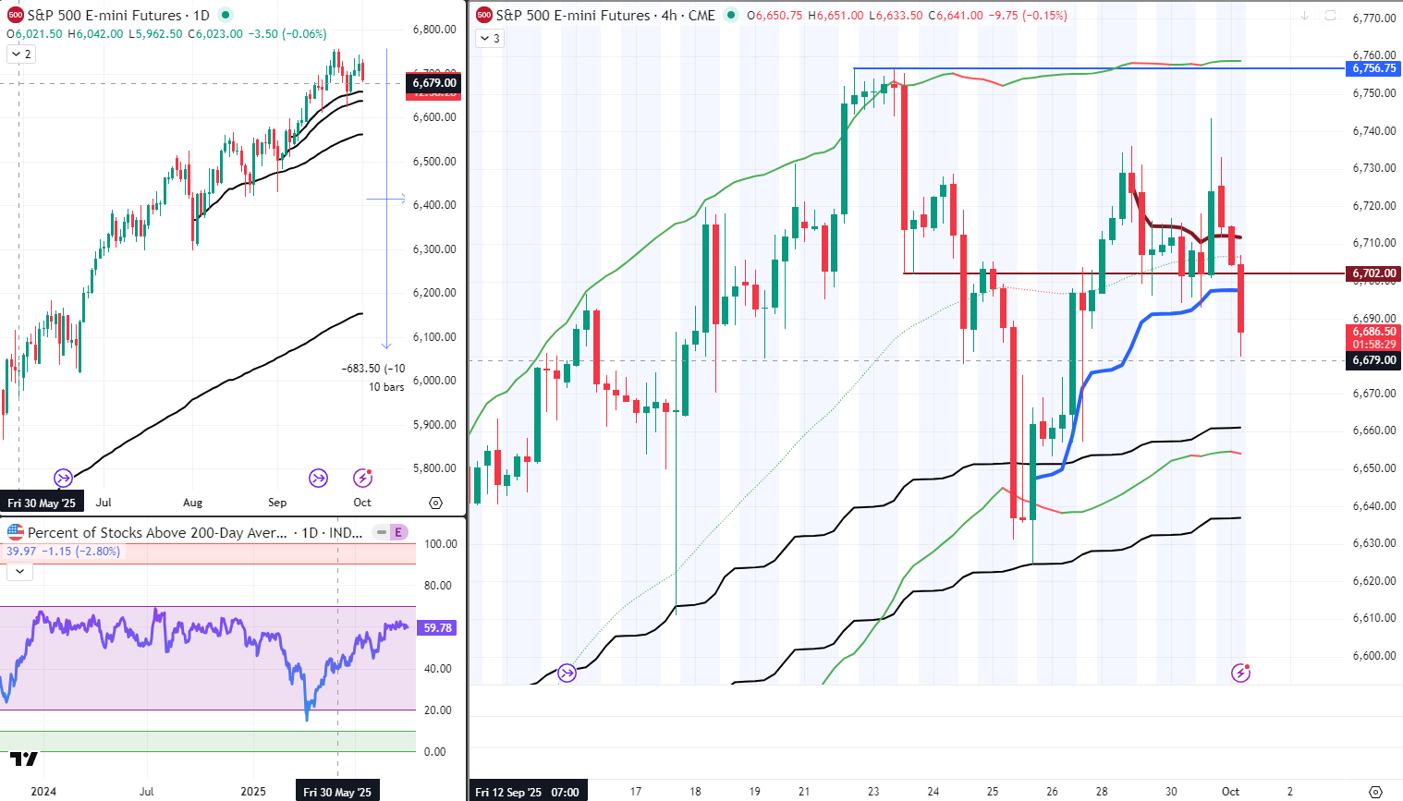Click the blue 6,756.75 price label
tap(1374, 68)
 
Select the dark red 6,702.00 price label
tap(1374, 273)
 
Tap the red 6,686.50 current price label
tap(1374, 332)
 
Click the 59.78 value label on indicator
tap(437, 628)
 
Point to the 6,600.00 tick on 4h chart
tap(1373, 656)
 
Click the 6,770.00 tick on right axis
tap(1373, 18)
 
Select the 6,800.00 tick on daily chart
tap(433, 30)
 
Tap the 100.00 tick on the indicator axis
tap(440, 544)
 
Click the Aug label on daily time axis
tap(192, 503)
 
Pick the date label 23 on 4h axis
tap(873, 792)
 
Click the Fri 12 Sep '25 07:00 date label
tap(527, 792)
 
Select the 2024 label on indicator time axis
tap(43, 792)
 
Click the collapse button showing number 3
tap(490, 39)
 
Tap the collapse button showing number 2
tap(21, 55)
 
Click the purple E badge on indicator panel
tap(398, 532)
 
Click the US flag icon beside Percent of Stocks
tap(16, 532)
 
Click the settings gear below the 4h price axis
tap(1375, 792)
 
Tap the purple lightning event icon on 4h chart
tap(1240, 673)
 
